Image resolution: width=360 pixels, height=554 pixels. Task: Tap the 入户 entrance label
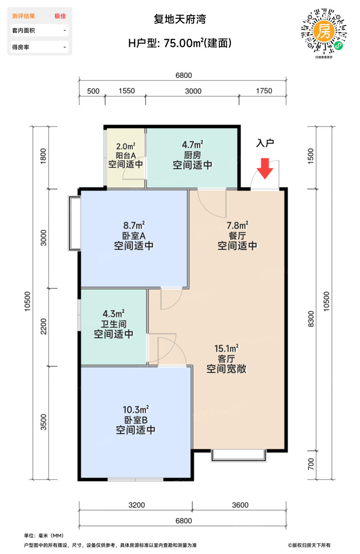pos(265,143)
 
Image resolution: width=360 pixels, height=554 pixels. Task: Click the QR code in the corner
pos(324,31)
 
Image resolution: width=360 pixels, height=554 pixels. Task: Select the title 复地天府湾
pos(180,19)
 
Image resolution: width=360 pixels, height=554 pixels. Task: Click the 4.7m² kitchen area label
pos(192,145)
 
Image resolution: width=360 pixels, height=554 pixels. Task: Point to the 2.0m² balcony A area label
pos(125,146)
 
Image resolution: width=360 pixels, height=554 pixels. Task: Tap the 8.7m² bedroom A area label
pos(133,226)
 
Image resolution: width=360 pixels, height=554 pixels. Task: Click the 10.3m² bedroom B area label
pos(135,410)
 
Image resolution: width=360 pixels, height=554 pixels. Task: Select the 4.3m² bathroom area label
pos(113,314)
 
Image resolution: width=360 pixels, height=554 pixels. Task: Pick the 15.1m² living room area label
pos(226,349)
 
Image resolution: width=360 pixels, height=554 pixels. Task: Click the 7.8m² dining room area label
pos(237,226)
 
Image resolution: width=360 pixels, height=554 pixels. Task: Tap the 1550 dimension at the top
pos(127,91)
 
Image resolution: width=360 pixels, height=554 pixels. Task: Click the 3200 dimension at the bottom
pos(137,505)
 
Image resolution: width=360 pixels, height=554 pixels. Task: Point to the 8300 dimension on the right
pos(311,319)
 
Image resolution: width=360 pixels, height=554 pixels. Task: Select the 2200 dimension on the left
pos(44,326)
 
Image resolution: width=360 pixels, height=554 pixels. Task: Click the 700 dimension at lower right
pos(311,464)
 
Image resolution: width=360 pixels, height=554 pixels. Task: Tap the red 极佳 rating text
pos(60,16)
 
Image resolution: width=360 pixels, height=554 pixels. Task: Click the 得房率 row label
pos(21,47)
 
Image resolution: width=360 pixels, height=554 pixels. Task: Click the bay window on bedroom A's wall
pos(74,223)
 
